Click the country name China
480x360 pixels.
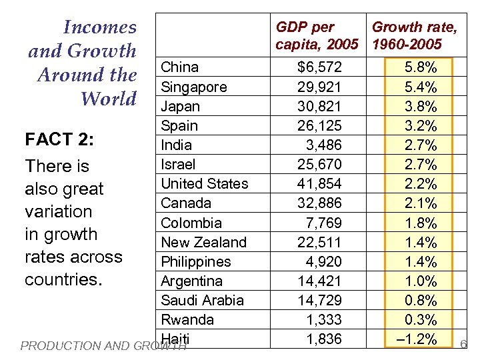[x=179, y=67]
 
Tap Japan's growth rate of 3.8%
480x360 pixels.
[x=421, y=106]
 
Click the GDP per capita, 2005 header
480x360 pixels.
[x=317, y=36]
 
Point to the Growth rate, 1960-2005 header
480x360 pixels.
[x=414, y=36]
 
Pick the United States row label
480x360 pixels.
[x=204, y=183]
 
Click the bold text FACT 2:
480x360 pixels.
[x=58, y=140]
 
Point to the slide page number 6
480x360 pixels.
[x=464, y=345]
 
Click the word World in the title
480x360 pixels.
[x=108, y=99]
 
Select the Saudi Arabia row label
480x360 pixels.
[x=202, y=300]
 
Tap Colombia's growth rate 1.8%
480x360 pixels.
[x=421, y=223]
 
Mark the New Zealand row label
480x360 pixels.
[x=203, y=242]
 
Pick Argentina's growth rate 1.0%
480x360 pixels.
[x=421, y=281]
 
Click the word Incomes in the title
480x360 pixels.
[x=99, y=27]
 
